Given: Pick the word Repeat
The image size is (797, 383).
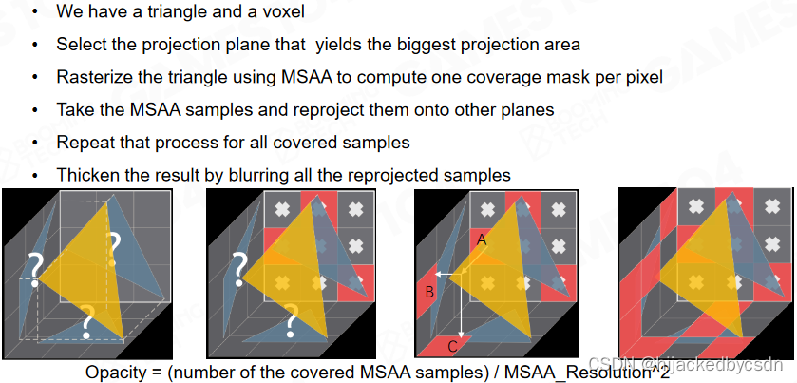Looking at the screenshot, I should (84, 143).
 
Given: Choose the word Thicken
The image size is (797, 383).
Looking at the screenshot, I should (88, 175).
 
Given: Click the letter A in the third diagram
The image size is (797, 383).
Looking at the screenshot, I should (482, 241).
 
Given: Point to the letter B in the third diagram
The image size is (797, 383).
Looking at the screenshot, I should (429, 293).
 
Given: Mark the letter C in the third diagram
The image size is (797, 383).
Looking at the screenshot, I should (453, 345).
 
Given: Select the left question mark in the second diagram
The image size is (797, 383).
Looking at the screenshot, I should (241, 265).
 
